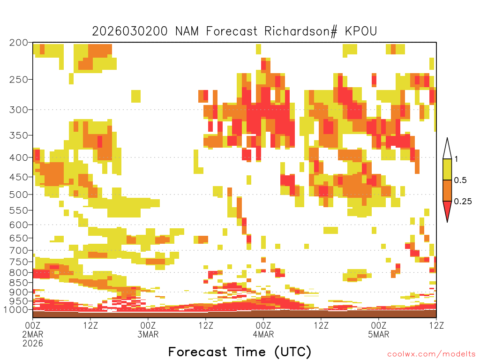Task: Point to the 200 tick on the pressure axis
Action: coord(18,43)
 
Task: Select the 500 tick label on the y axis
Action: coord(18,194)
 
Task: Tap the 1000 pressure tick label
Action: coord(16,310)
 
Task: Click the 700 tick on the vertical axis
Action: coord(18,250)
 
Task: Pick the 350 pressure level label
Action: coord(18,135)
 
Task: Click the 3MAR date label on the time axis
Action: coord(148,334)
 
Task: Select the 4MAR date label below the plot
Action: coord(263,334)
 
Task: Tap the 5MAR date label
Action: coord(378,334)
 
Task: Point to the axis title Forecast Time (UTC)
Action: coord(240,352)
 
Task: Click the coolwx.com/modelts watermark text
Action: coord(431,354)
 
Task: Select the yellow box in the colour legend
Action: coord(447,169)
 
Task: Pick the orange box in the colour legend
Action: coord(447,190)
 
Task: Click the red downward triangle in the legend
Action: coord(447,210)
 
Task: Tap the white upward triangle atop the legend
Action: coord(447,149)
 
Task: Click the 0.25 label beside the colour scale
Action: coord(463,202)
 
